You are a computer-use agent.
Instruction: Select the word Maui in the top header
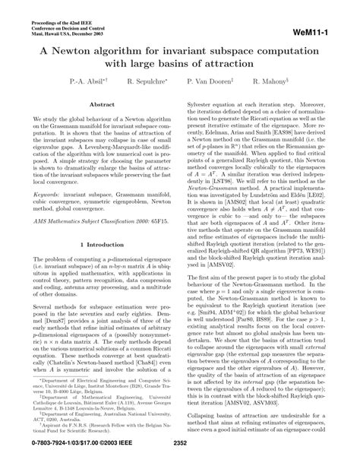[x=39, y=21]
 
